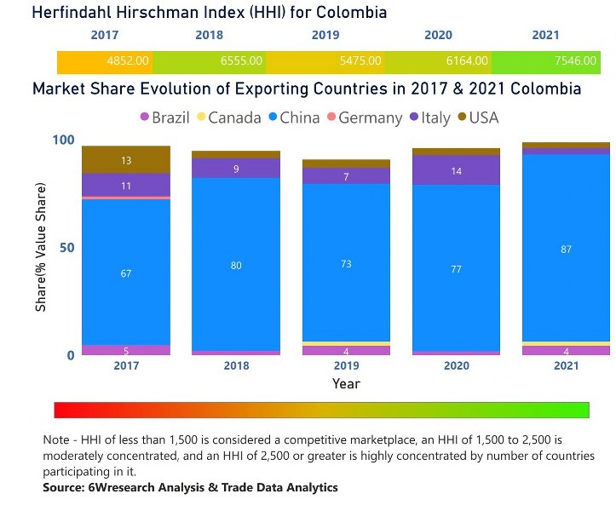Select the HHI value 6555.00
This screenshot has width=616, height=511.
[241, 61]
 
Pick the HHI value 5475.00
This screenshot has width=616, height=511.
[358, 61]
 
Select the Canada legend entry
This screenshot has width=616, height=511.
[227, 118]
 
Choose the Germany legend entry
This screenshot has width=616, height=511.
[362, 118]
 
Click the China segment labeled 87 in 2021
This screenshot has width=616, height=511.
[566, 249]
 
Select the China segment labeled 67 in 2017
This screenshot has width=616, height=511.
[126, 273]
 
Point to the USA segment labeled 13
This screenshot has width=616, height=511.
[126, 160]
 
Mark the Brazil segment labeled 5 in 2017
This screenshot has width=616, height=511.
[126, 350]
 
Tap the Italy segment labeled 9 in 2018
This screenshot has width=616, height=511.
[236, 169]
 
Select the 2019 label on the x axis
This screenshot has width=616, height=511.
[346, 365]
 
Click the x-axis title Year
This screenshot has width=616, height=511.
[346, 383]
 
